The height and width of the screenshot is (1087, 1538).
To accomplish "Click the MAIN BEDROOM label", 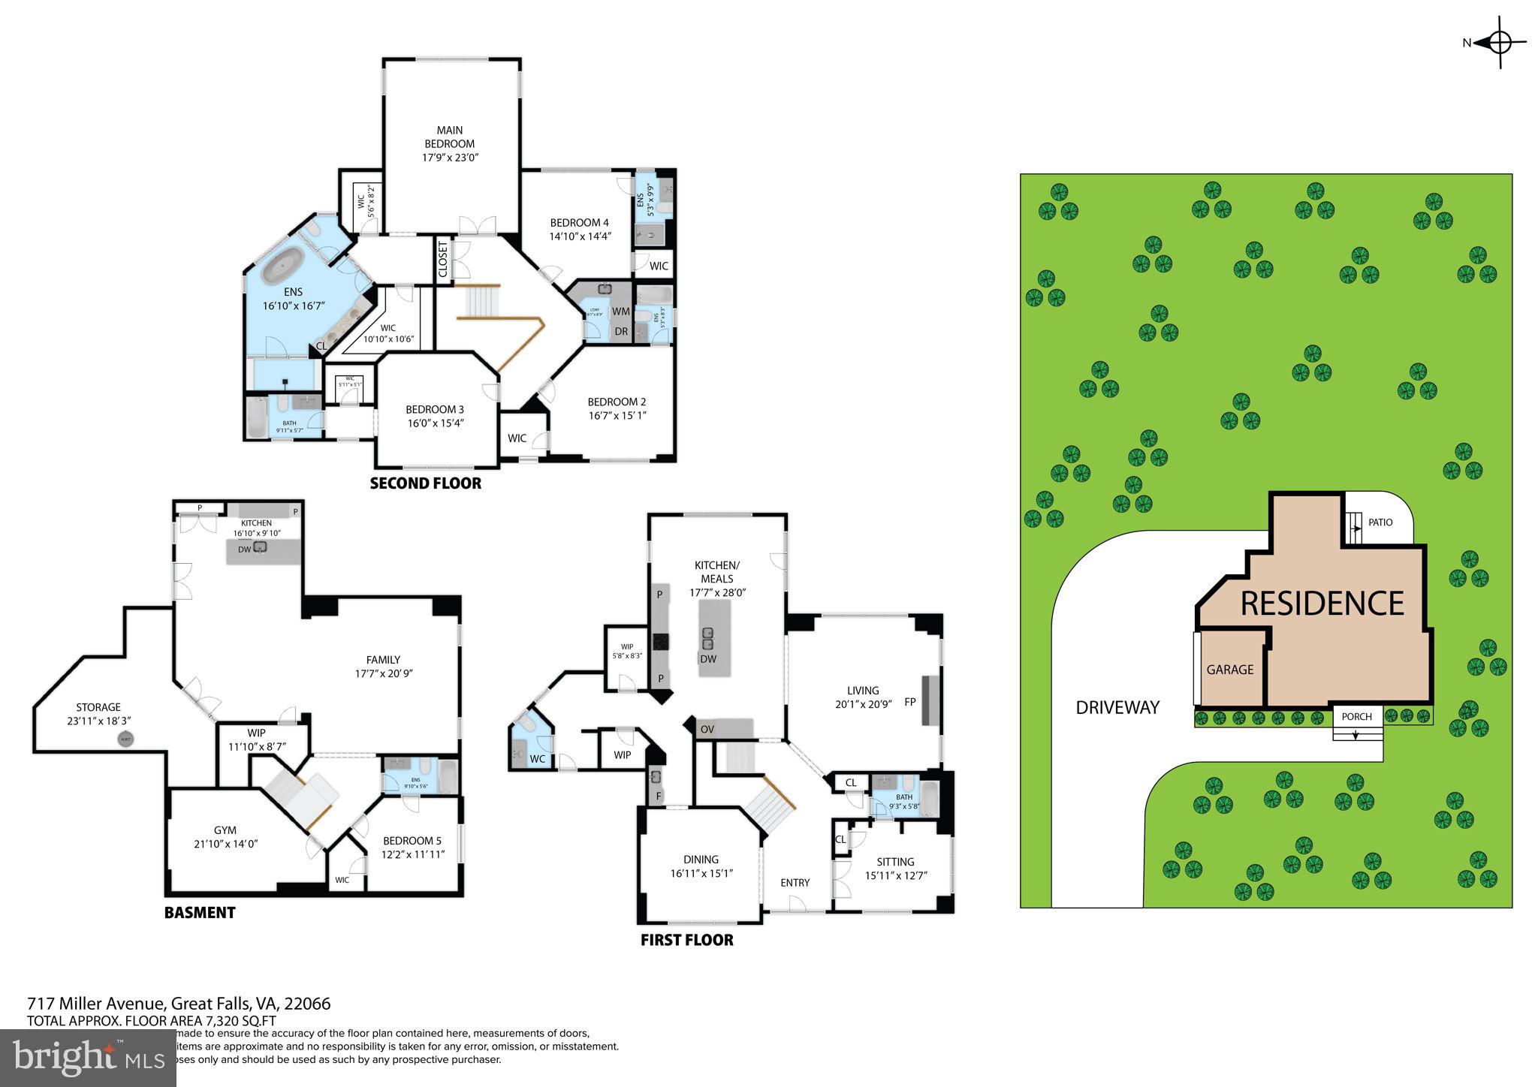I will [x=450, y=137].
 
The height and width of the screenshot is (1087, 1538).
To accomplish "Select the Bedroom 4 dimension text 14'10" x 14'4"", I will [x=580, y=236].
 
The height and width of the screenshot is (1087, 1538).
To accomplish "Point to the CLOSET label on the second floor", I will [x=443, y=259].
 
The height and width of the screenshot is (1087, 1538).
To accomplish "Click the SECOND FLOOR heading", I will [x=425, y=483].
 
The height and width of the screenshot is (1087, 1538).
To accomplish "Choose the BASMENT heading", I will [x=200, y=913].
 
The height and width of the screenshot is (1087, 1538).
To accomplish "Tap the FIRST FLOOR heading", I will [x=686, y=940].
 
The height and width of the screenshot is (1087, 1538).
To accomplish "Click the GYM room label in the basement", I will [x=225, y=830].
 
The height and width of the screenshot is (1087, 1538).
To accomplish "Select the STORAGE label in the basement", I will [x=98, y=707].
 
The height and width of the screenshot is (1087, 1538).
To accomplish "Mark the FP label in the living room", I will [x=910, y=702].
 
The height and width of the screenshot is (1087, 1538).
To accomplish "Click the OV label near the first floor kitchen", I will [x=707, y=729].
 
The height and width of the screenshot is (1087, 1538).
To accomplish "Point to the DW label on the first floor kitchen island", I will [x=707, y=659].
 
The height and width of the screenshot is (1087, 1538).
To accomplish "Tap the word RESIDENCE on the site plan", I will [x=1322, y=604].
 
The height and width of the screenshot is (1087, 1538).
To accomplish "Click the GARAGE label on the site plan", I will [x=1230, y=670].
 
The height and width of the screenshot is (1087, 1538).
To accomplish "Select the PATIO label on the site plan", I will [x=1380, y=522].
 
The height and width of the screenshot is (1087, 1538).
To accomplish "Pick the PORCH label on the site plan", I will [x=1357, y=716].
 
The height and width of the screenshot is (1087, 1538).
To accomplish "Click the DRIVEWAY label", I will [x=1117, y=707].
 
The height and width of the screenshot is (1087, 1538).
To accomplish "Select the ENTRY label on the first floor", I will [x=795, y=883].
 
